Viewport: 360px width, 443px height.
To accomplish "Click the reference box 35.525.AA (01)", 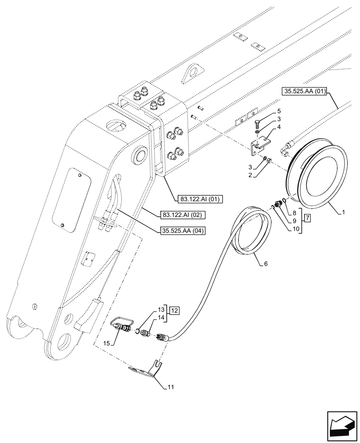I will tap(304, 92).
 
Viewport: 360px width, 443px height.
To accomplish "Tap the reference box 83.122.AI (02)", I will tap(181, 214).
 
